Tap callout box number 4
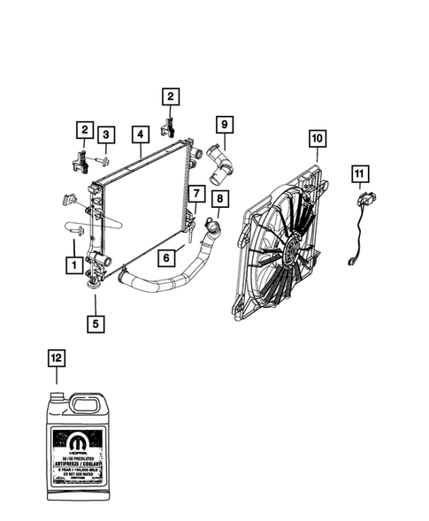click(140, 135)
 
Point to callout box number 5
click(95, 323)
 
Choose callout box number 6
click(165, 258)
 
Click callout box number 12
click(56, 357)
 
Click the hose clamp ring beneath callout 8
click(211, 231)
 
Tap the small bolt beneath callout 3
click(103, 161)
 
